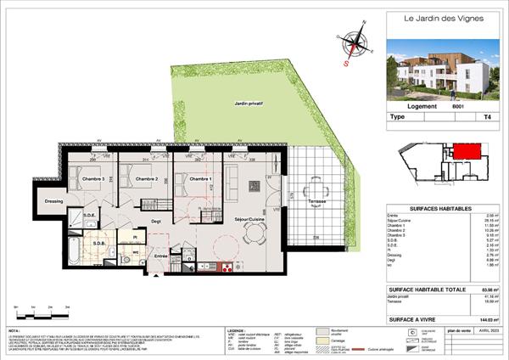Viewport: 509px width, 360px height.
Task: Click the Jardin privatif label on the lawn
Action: pyautogui.click(x=249, y=103)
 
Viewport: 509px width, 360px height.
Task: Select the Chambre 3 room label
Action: pyautogui.click(x=92, y=179)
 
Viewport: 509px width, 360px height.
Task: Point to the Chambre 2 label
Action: pyautogui.click(x=141, y=179)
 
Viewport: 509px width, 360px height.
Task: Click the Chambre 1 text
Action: pyautogui.click(x=200, y=179)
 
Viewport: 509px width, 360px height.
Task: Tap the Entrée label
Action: pyautogui.click(x=160, y=256)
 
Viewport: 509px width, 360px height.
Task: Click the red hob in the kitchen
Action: pyautogui.click(x=227, y=268)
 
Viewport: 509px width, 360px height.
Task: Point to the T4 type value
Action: pyautogui.click(x=484, y=121)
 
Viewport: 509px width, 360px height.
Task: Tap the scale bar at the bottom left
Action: pyautogui.click(x=34, y=307)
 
